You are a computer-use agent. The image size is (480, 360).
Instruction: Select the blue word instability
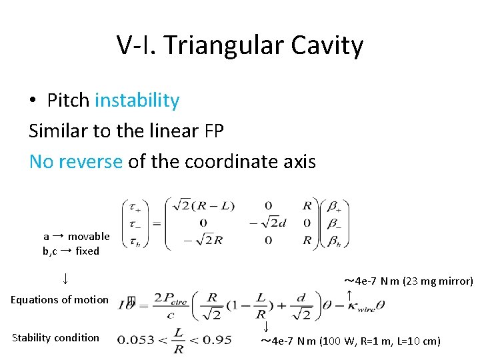pyautogui.click(x=137, y=101)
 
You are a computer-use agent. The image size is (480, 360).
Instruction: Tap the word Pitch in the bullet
pyautogui.click(x=68, y=101)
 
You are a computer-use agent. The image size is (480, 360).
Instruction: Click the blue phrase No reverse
pyautogui.click(x=75, y=161)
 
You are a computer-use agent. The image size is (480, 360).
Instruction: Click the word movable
pyautogui.click(x=89, y=236)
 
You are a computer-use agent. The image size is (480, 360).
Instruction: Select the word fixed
pyautogui.click(x=87, y=251)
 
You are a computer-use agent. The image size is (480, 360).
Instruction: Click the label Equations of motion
pyautogui.click(x=59, y=299)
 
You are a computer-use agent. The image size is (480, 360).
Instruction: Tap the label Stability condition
pyautogui.click(x=55, y=337)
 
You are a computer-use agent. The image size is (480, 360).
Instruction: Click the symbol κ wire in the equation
pyautogui.click(x=361, y=306)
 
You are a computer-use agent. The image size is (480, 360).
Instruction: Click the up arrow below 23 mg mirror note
pyautogui.click(x=349, y=293)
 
